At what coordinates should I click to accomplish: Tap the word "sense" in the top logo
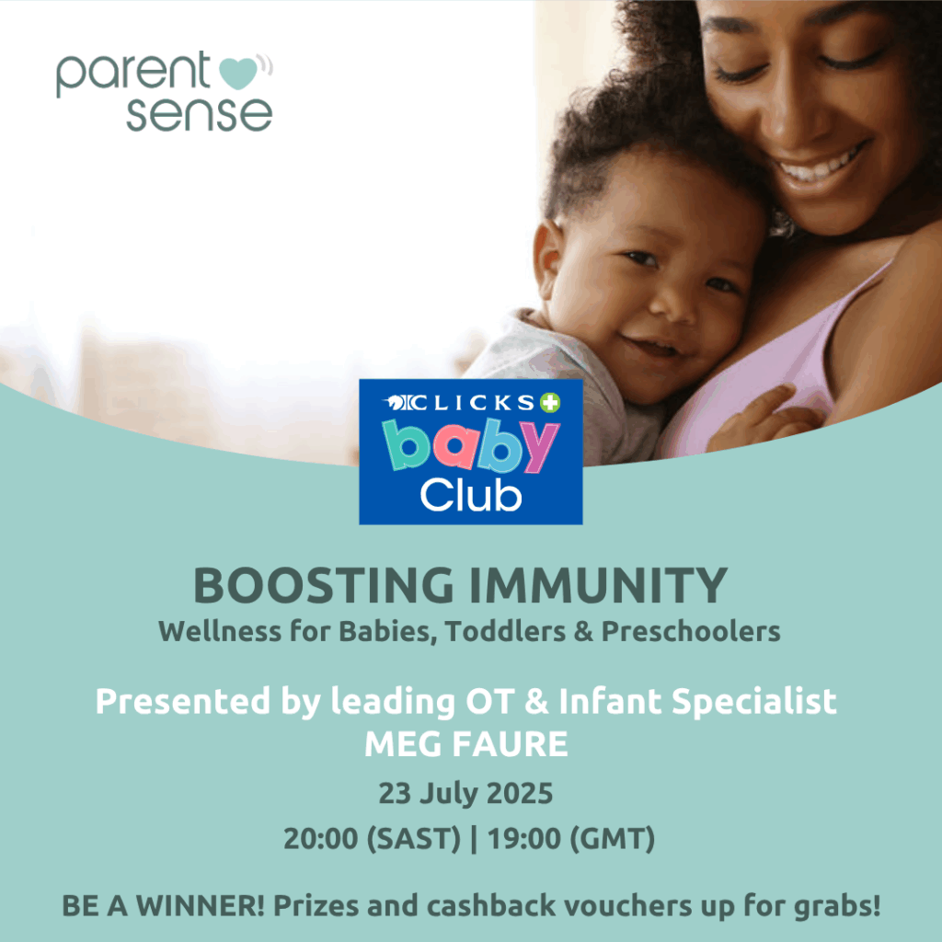200,113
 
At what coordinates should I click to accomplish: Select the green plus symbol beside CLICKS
550,403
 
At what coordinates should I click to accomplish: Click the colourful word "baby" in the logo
470,445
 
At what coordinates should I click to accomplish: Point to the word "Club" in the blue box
471,496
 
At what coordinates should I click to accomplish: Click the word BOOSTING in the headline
324,585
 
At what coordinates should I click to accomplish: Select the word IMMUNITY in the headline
598,585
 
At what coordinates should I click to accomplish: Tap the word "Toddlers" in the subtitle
506,631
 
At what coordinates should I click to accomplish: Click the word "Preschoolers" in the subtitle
691,632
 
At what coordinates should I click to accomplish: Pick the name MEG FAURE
466,744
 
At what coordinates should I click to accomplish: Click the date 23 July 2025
465,793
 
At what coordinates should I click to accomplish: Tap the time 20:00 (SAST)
372,839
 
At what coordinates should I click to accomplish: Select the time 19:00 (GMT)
570,839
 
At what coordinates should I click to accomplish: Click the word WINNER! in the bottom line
201,906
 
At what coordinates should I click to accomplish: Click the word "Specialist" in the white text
754,701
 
